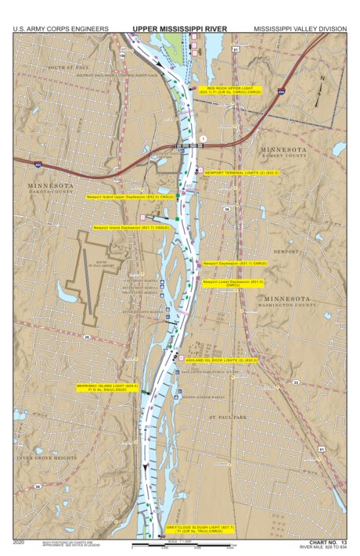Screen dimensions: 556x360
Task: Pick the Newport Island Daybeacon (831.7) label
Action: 131,228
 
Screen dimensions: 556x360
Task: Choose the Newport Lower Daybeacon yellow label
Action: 232,283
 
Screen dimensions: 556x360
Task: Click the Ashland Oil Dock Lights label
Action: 222,361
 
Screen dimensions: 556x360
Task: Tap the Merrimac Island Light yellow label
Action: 107,387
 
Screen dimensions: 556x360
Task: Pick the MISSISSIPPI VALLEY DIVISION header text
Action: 299,29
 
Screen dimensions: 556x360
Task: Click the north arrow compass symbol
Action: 320,92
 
